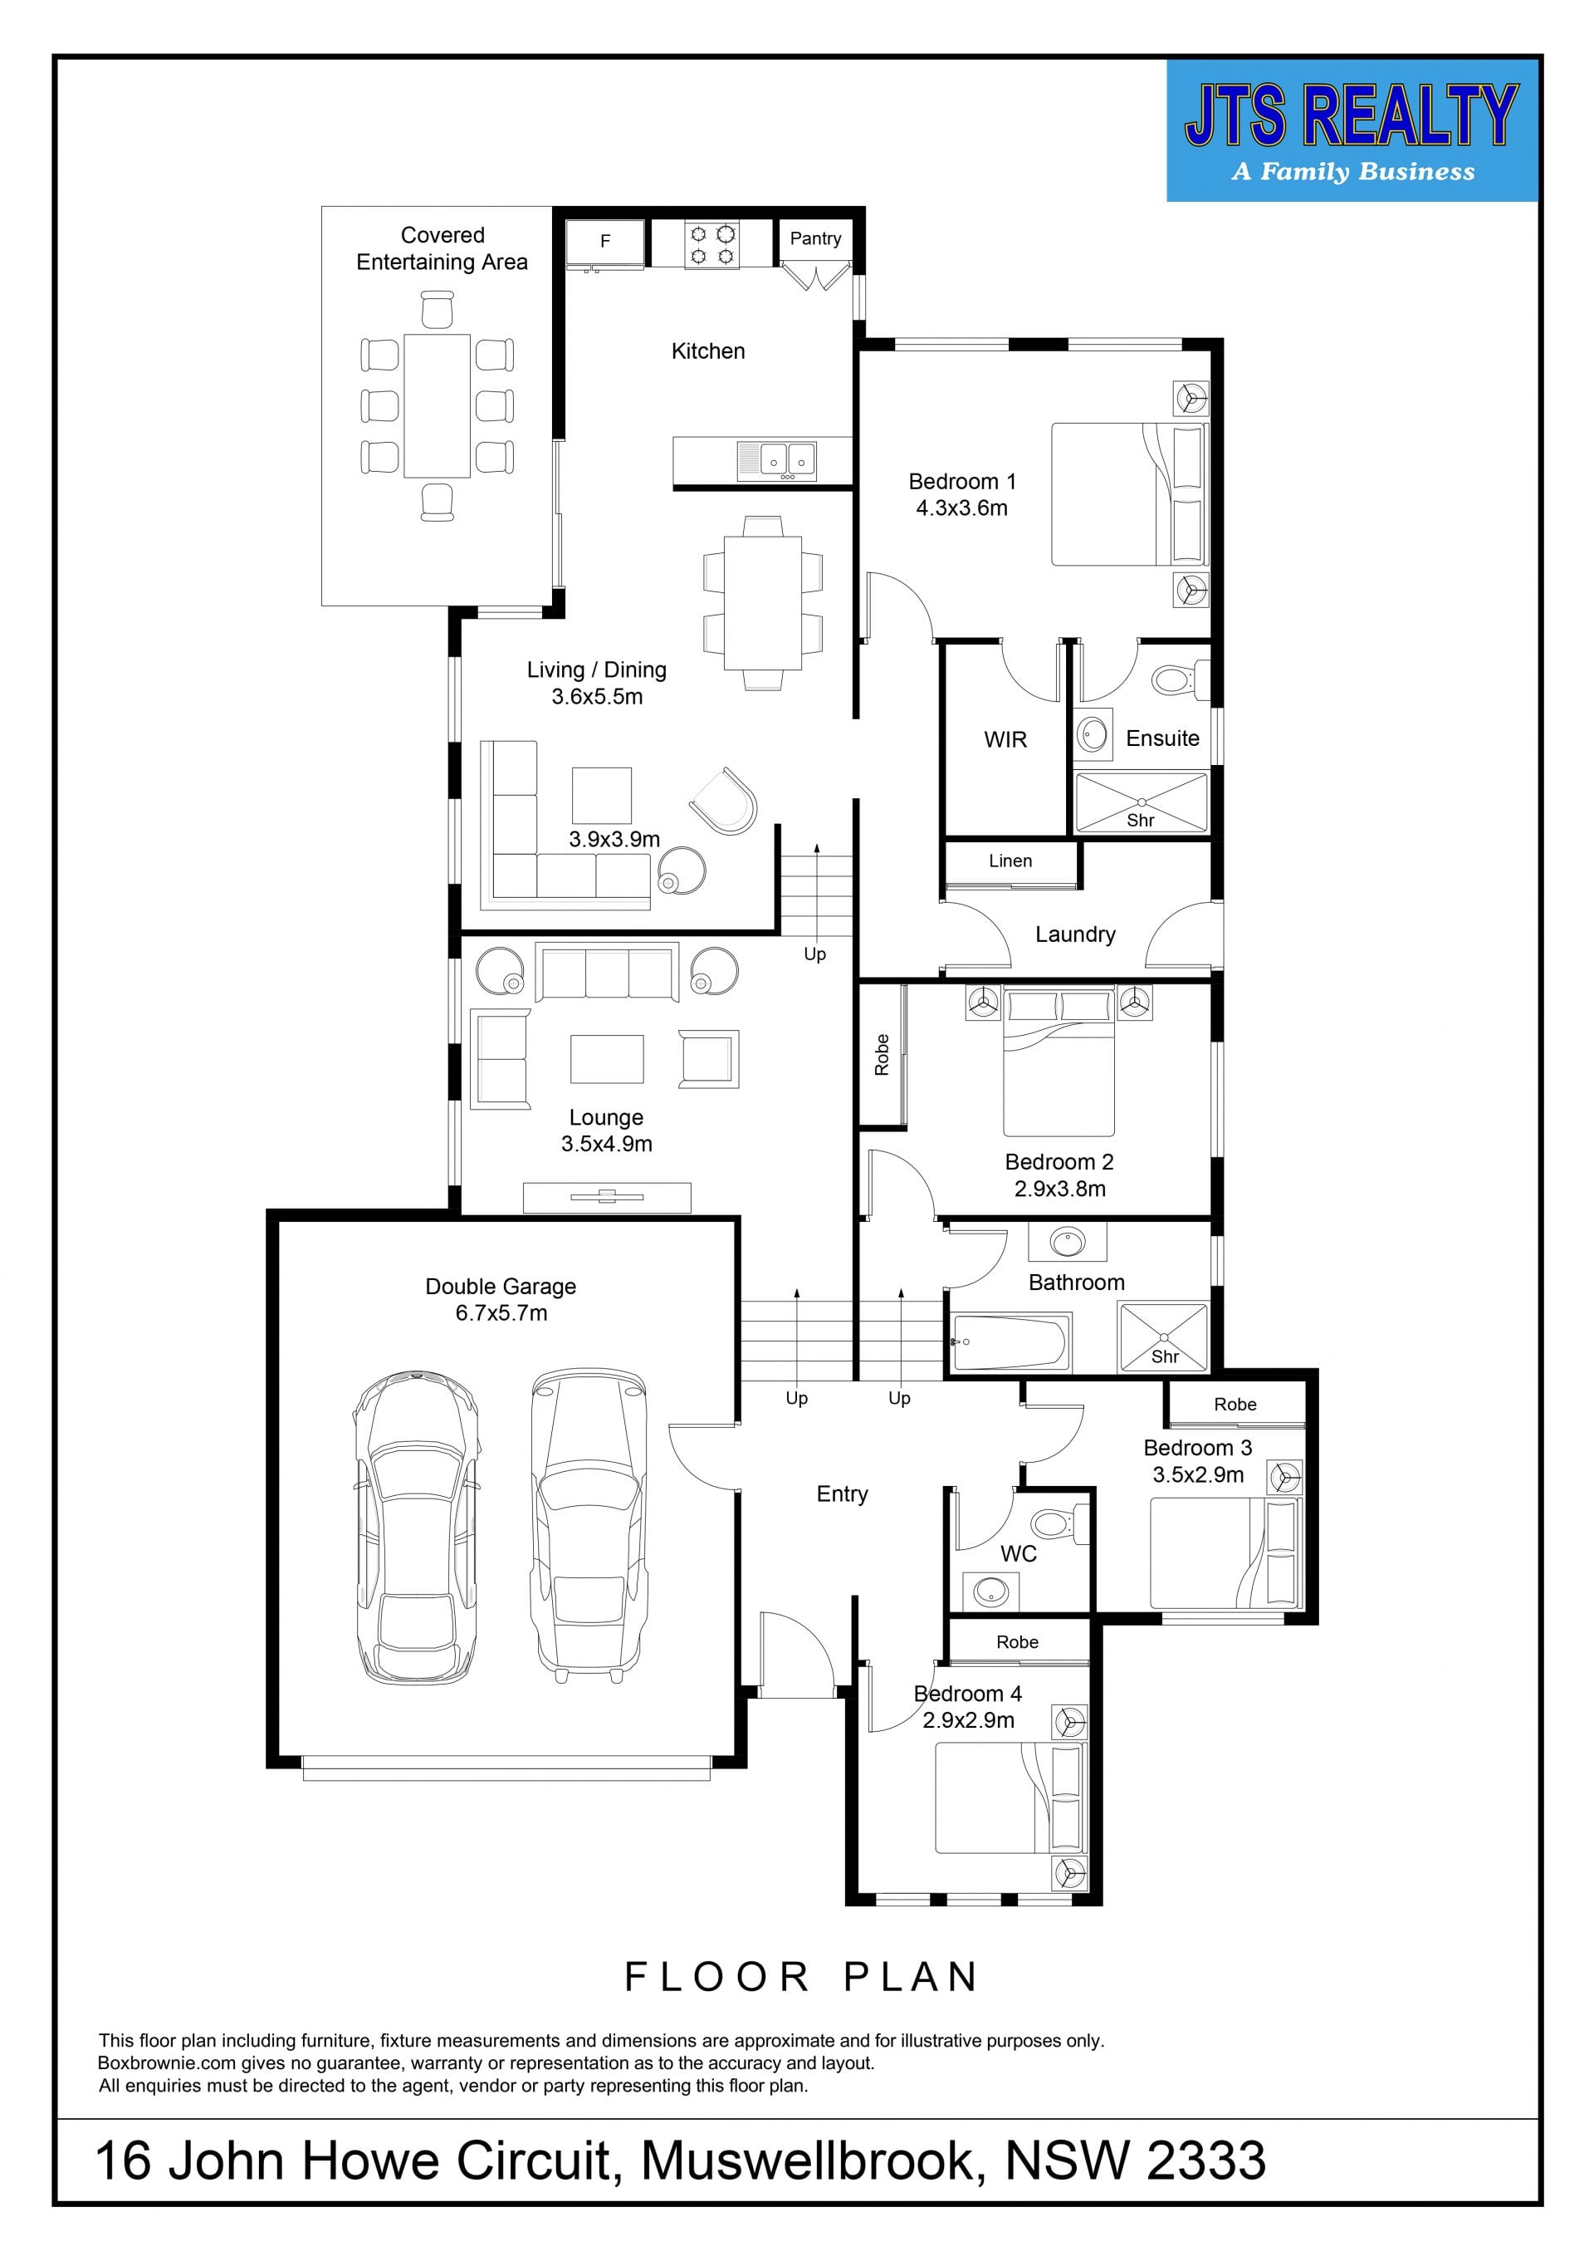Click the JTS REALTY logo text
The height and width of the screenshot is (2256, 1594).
pos(1352,116)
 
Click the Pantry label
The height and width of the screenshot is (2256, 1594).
pos(815,238)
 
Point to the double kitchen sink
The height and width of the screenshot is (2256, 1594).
pos(776,460)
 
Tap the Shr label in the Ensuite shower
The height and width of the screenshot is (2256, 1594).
pos(1140,820)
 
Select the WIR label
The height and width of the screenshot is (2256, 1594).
pos(1005,739)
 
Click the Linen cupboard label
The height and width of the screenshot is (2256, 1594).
pos(1010,861)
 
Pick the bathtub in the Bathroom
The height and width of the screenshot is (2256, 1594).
pos(1010,1342)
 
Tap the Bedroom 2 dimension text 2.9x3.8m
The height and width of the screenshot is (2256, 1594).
pos(1059,1189)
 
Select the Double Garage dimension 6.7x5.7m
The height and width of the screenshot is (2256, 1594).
pos(501,1312)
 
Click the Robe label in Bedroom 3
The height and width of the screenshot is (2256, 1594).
pos(1235,1404)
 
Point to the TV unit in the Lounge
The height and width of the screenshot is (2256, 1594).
pos(606,1197)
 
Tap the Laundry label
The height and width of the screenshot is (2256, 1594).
pos(1075,934)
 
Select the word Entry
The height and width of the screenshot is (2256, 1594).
pos(842,1494)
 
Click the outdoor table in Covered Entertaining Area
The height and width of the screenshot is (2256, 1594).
pos(437,405)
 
